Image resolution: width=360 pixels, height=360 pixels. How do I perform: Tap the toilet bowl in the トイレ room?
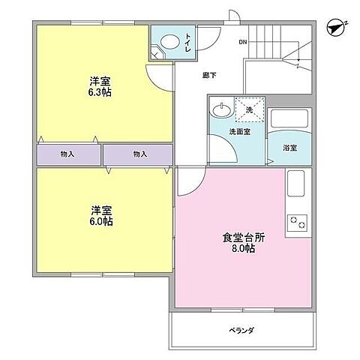169,43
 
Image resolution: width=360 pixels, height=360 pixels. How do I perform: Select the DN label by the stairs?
242,42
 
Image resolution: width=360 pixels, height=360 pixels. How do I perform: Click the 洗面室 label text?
239,132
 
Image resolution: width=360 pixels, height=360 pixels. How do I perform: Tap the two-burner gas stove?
298,223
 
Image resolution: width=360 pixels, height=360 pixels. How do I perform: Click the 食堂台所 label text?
243,238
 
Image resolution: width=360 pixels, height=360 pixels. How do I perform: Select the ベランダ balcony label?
241,330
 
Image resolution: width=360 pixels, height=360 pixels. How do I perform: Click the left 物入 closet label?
67,154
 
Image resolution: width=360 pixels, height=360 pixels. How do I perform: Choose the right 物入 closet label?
139,154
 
